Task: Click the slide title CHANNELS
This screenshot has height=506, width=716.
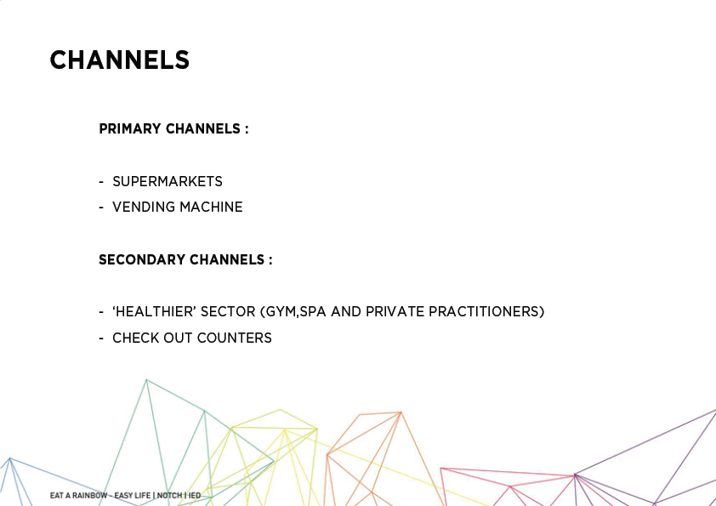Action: click(x=120, y=60)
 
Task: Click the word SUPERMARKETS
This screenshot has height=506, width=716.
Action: click(x=168, y=181)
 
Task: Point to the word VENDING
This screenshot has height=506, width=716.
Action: click(x=144, y=207)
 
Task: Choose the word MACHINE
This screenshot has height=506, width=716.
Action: click(x=211, y=207)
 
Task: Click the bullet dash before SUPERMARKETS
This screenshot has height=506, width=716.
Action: click(x=101, y=182)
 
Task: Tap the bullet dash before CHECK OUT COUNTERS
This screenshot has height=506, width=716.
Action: click(x=101, y=338)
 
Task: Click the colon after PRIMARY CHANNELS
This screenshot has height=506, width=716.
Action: click(x=247, y=130)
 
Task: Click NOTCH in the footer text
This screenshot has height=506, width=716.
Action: click(x=169, y=496)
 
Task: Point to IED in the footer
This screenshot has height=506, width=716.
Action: click(x=195, y=496)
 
